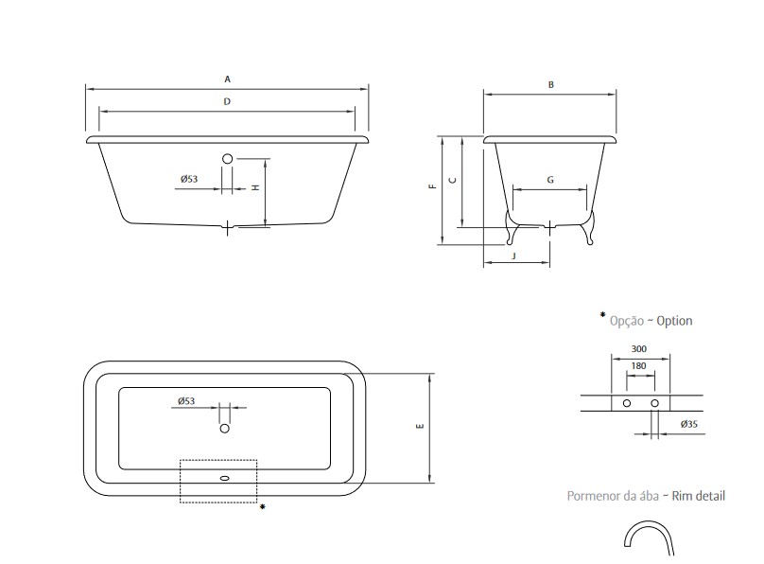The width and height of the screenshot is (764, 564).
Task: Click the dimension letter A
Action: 227,79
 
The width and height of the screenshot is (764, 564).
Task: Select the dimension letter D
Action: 227,101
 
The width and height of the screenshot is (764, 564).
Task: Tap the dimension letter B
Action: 551,84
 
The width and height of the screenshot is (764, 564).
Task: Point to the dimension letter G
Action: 550,180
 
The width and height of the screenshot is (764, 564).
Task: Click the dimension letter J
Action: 513,256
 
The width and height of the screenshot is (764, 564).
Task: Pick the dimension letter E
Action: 420,426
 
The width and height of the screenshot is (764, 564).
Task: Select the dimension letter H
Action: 255,187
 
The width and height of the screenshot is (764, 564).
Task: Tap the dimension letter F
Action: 432,185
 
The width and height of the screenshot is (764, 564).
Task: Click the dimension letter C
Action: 453,181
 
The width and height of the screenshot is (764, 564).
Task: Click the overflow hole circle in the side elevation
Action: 228,158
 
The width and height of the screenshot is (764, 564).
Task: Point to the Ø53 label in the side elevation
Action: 189,179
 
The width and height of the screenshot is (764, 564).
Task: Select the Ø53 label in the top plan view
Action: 186,400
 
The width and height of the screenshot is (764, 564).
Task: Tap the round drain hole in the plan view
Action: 225,428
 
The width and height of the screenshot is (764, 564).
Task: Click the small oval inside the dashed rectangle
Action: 225,478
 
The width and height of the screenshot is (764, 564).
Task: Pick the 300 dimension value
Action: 639,348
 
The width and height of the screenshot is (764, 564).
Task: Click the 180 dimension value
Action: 638,365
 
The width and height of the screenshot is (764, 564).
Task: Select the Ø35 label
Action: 689,424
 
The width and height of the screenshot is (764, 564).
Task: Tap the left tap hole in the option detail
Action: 627,403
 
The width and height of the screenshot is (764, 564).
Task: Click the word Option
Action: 674,321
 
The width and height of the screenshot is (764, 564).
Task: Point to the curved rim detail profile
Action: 648,524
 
